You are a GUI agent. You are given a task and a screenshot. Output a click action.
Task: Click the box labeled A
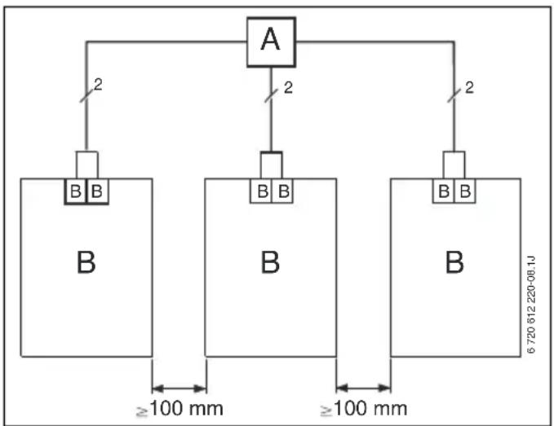(271, 42)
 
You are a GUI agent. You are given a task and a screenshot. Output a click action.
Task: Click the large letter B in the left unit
(86, 262)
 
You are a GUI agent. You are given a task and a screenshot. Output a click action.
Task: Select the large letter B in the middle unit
(270, 262)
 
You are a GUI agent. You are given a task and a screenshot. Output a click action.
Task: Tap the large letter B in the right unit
(454, 262)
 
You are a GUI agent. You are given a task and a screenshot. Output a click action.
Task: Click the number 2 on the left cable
(98, 85)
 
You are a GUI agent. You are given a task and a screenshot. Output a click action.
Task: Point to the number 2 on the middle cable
(288, 87)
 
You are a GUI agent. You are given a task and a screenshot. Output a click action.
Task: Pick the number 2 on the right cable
(469, 87)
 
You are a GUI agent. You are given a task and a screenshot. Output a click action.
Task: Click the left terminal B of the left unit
(76, 191)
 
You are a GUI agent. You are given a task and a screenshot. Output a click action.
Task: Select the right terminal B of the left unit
(97, 191)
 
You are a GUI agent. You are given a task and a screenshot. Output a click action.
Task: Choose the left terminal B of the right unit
(444, 191)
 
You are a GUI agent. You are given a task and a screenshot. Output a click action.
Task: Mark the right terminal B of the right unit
(465, 191)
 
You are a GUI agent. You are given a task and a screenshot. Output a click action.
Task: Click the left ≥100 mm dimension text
(179, 409)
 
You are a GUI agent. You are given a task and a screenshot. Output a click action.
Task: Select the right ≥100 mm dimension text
(364, 409)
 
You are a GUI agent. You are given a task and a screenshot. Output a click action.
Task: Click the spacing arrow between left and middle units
(179, 389)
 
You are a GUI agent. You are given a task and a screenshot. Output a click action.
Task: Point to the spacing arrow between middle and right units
(364, 389)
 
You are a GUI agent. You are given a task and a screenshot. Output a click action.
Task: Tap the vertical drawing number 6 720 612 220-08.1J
(531, 305)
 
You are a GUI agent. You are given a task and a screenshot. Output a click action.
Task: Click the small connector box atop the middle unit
(272, 165)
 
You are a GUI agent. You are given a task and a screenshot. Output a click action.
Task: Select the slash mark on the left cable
(86, 95)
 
